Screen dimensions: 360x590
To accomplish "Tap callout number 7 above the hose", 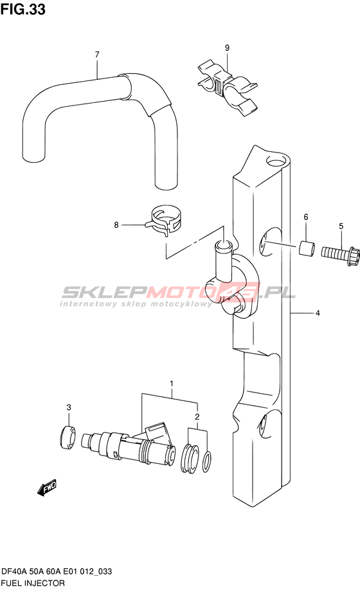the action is [x=97, y=55].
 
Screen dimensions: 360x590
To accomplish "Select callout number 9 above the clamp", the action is [x=227, y=48].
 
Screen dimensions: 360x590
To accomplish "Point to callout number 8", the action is [x=116, y=225].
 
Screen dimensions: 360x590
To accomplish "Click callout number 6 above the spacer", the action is [x=306, y=217].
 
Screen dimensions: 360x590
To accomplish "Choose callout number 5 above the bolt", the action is [x=341, y=226].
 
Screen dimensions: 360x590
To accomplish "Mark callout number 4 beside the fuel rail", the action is [x=318, y=313].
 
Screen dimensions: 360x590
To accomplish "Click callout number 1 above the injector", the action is [x=172, y=384].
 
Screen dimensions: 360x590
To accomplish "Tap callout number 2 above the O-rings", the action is [x=197, y=416].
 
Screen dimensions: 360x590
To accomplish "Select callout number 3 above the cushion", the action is [x=69, y=407].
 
